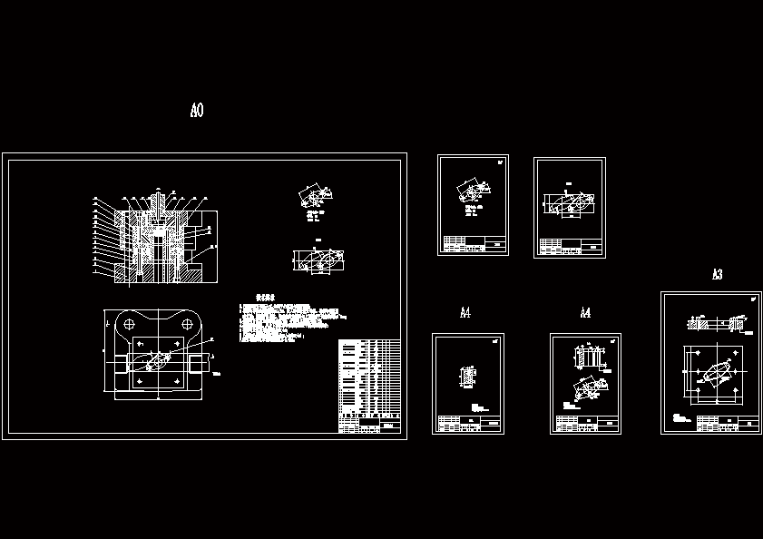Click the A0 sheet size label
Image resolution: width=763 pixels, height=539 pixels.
tap(197, 111)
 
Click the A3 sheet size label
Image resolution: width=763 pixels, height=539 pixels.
tap(717, 274)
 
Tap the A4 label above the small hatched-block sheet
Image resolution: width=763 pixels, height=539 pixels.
tap(465, 313)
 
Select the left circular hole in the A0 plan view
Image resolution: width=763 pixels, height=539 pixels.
tap(129, 323)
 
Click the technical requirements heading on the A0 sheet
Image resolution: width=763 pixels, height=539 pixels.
tap(266, 297)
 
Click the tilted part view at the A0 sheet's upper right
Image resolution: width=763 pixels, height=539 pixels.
tap(314, 198)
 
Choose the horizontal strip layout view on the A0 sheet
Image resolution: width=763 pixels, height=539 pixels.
tap(318, 260)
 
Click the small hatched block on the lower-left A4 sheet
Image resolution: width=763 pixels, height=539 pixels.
tap(468, 375)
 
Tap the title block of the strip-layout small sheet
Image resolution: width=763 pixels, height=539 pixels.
tap(570, 246)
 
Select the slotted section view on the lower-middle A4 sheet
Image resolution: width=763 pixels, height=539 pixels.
tap(591, 358)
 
